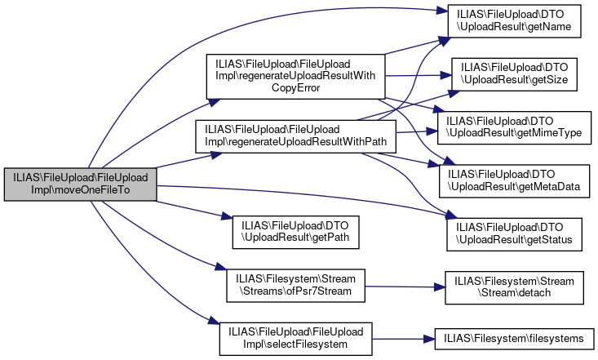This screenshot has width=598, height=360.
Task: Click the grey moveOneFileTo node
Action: [x=79, y=184]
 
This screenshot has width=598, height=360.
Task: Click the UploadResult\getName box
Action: [x=512, y=22]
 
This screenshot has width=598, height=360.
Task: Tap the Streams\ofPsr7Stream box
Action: [x=295, y=284]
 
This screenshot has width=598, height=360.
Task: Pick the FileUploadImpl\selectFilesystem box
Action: [x=295, y=337]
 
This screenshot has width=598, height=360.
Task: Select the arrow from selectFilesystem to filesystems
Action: [x=400, y=337]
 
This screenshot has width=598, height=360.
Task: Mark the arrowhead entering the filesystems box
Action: [x=428, y=337]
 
